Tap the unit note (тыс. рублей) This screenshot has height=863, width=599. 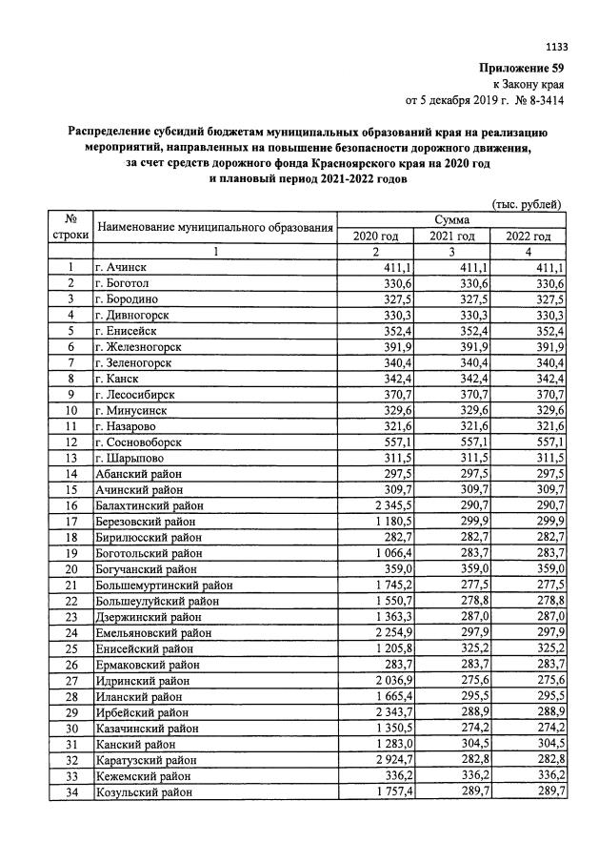point(526,203)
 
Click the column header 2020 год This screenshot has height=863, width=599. point(375,236)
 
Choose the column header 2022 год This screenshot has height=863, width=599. point(529,236)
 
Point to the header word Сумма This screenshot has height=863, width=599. point(451,220)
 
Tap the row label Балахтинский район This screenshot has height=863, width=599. point(150,505)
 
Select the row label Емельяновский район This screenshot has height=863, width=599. point(153,632)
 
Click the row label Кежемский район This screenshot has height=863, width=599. point(141,775)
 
